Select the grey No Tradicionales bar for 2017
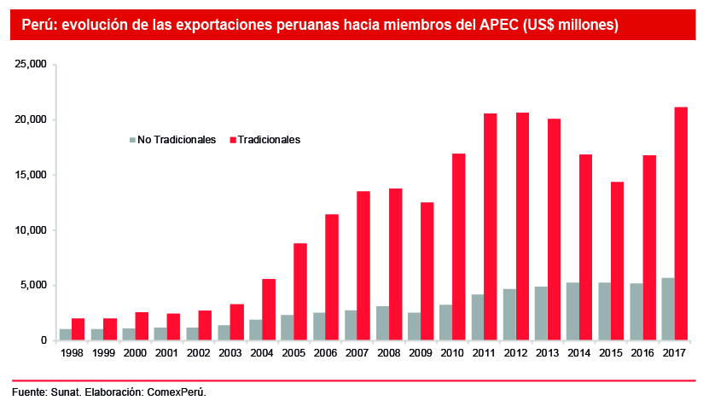pyautogui.click(x=668, y=309)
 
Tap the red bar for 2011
pyautogui.click(x=491, y=227)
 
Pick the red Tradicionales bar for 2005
pyautogui.click(x=300, y=292)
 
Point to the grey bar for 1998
pyautogui.click(x=66, y=334)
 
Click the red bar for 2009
pyautogui.click(x=427, y=271)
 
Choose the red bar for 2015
pyautogui.click(x=617, y=261)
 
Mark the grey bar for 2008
pyautogui.click(x=382, y=323)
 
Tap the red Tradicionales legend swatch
pyautogui.click(x=232, y=139)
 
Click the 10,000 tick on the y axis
pyautogui.click(x=32, y=230)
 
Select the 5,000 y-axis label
pyautogui.click(x=34, y=286)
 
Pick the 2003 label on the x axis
pyautogui.click(x=230, y=351)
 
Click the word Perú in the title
pyautogui.click(x=38, y=26)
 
